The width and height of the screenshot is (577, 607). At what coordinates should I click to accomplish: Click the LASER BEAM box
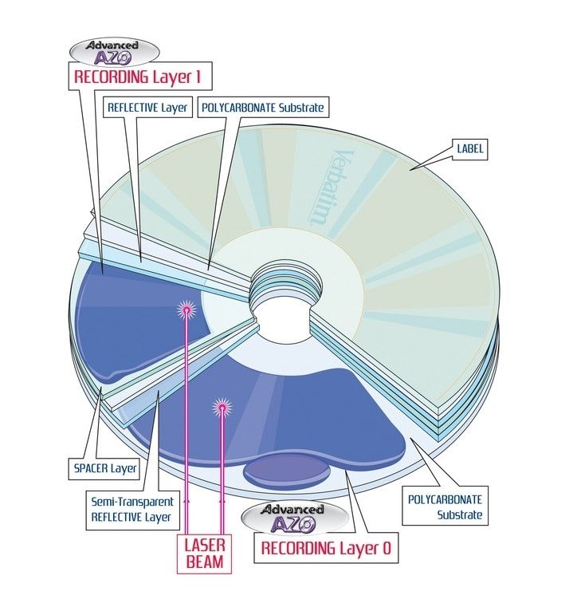tap(205, 554)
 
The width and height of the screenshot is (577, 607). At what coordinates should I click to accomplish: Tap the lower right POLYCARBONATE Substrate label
tap(445, 506)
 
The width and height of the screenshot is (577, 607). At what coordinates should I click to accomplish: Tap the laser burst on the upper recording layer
tap(185, 309)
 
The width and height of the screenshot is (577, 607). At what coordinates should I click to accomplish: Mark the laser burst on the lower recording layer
tap(220, 408)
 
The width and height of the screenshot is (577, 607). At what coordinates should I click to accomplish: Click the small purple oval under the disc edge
tap(286, 471)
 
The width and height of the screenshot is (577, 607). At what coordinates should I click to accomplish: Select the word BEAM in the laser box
tap(205, 562)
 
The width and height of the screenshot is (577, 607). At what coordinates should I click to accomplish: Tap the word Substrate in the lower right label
tap(460, 514)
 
